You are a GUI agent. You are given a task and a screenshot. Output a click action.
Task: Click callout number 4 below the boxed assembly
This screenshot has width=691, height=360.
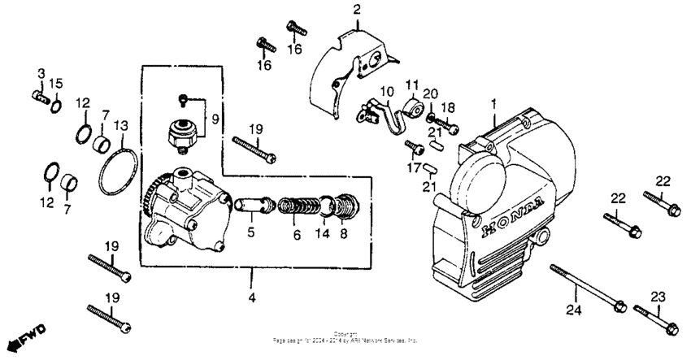(x=252, y=298)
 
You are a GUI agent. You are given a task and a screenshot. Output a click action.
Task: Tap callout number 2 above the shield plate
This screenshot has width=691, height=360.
(x=355, y=10)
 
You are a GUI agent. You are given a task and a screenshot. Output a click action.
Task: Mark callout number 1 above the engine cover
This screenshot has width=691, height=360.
(x=493, y=103)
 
